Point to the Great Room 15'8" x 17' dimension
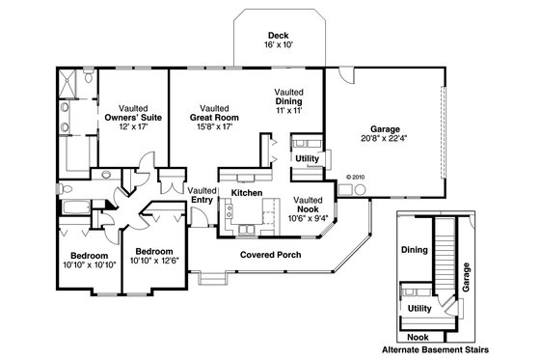214,127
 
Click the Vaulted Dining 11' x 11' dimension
289,113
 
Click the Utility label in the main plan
308,157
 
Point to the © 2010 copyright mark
356,178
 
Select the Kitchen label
246,194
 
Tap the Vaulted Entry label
202,196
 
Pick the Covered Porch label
270,255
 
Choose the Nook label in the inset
418,336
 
